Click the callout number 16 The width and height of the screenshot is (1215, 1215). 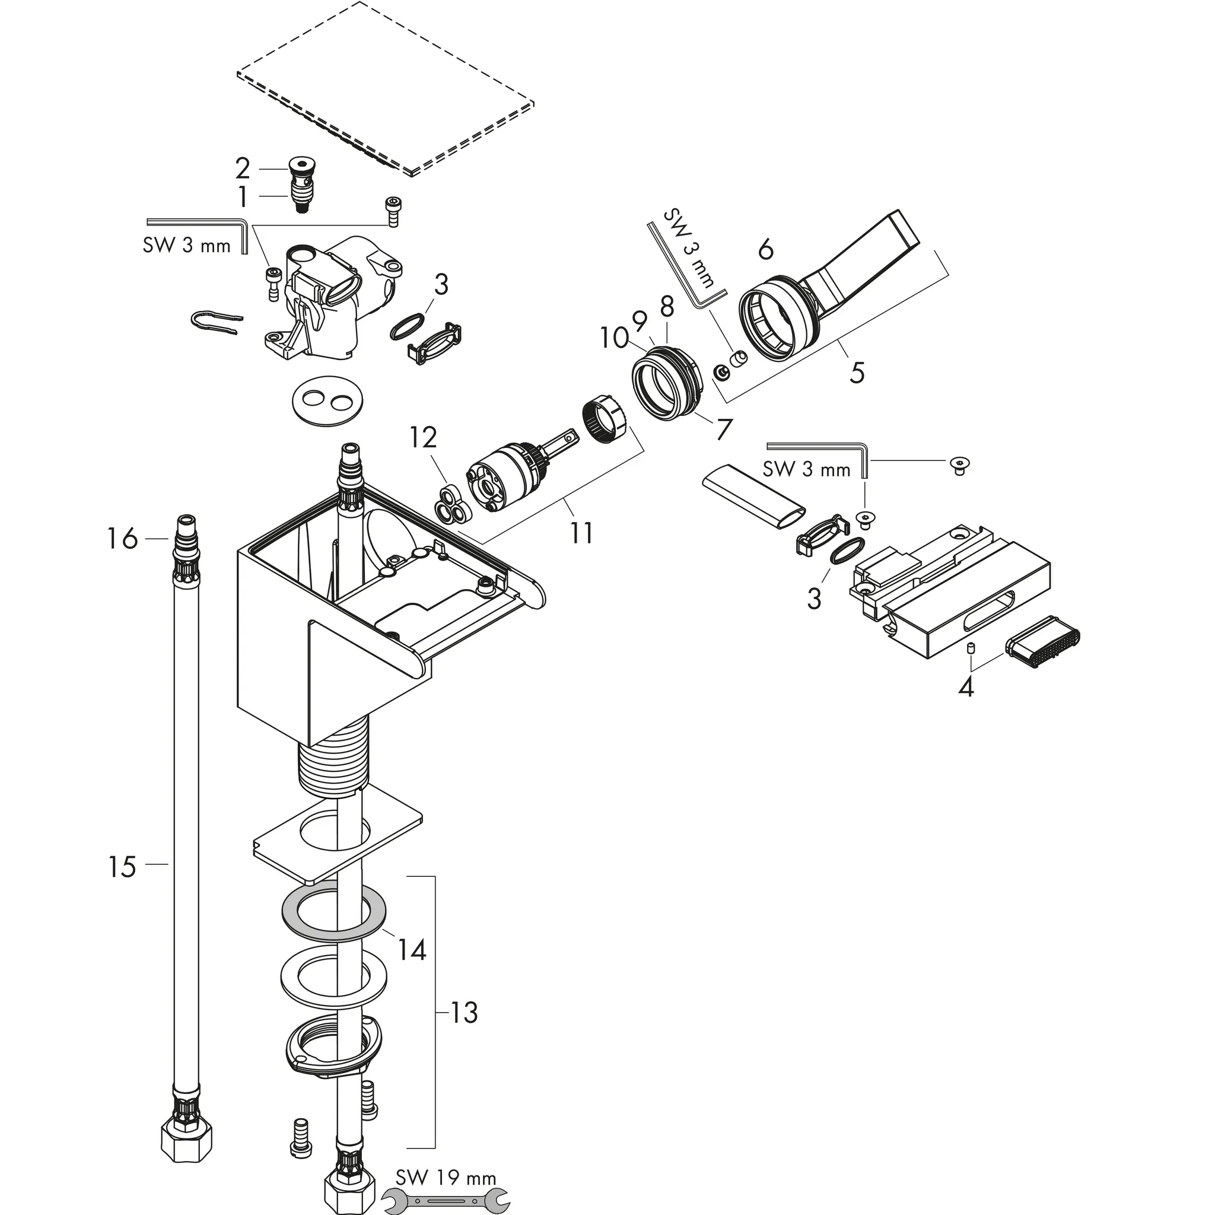[122, 538]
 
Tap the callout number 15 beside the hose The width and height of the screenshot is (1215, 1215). [122, 867]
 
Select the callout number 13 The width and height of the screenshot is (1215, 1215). [464, 1013]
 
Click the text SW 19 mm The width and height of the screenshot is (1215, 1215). [446, 1177]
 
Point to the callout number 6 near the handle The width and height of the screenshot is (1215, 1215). [765, 250]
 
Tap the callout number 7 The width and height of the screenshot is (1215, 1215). [724, 429]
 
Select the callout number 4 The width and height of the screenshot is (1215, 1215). [966, 687]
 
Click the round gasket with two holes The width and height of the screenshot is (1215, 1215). [329, 400]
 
